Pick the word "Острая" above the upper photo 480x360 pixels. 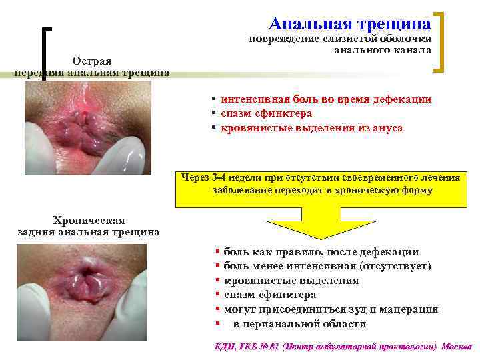coord(92,61)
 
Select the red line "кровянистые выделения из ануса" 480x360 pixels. coord(311,127)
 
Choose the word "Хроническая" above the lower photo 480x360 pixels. coord(89,221)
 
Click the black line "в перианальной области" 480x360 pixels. coord(299,324)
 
